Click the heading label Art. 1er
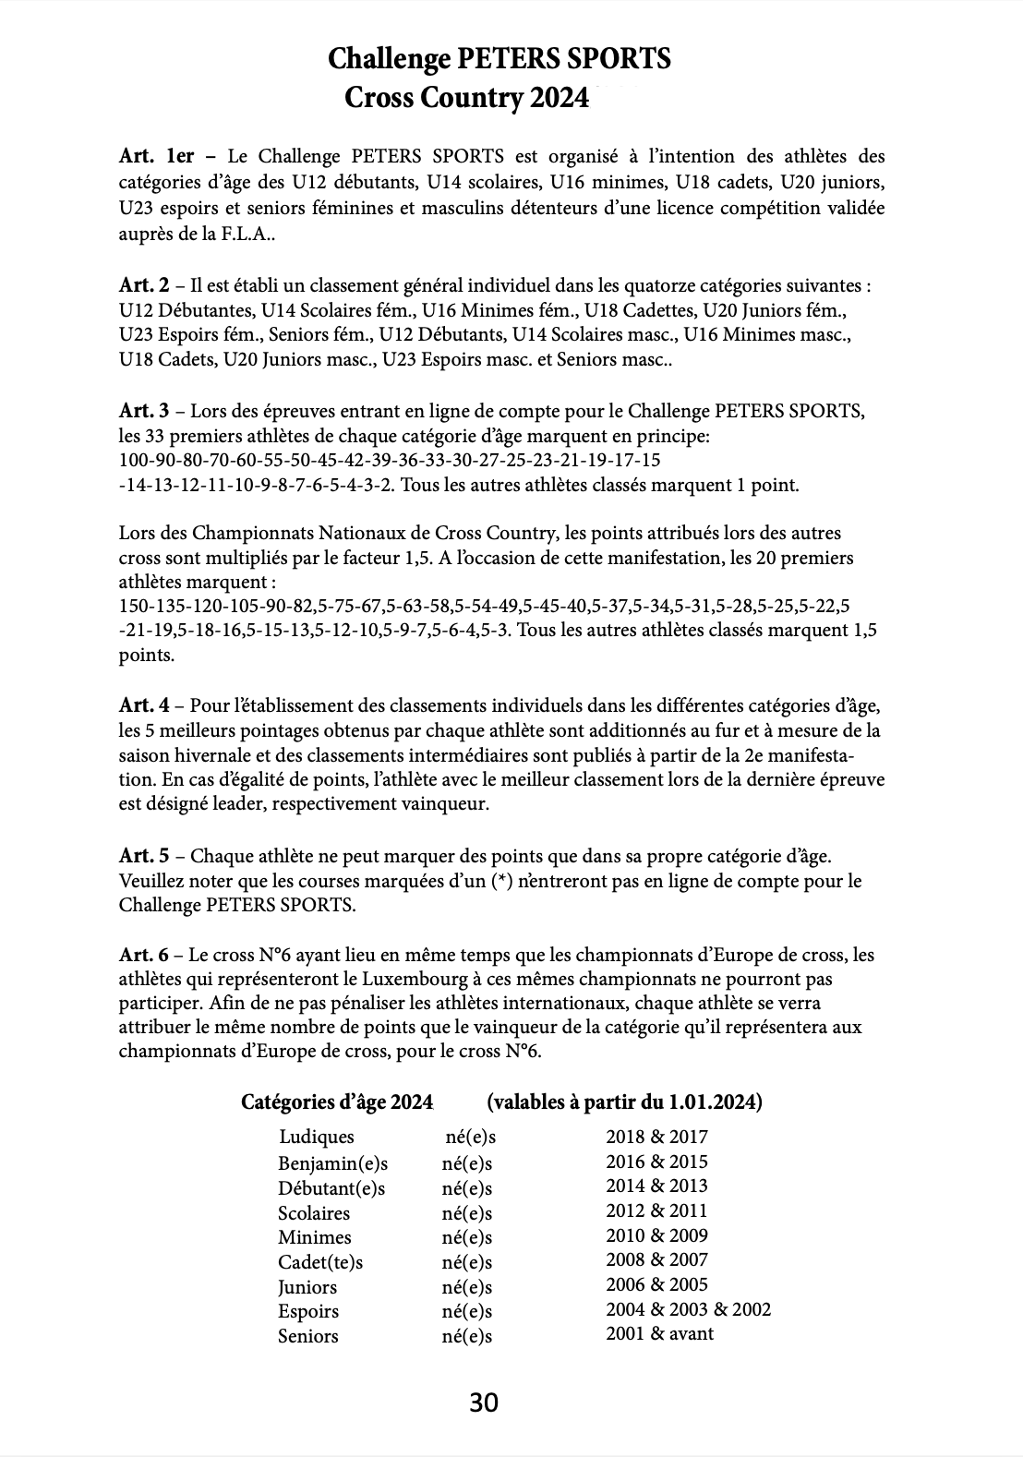click(157, 156)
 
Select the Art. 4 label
click(144, 706)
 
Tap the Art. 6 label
click(144, 954)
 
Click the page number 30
click(484, 1403)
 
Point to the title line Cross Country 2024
click(466, 97)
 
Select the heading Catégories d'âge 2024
click(337, 1102)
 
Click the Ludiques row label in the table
click(317, 1138)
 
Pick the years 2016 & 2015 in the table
click(656, 1162)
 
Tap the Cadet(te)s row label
click(320, 1262)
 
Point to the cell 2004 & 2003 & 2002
click(688, 1309)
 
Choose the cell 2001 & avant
click(659, 1333)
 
